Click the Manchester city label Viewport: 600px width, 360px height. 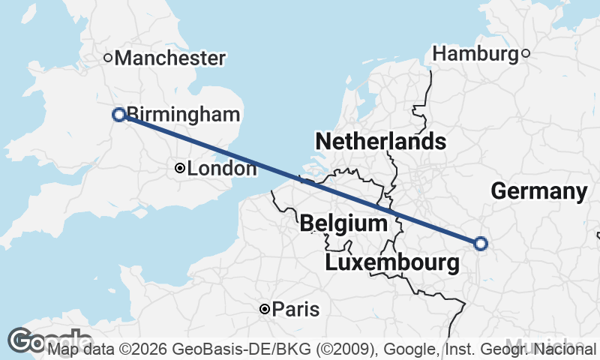(x=170, y=58)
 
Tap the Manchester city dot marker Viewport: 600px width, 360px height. (x=108, y=57)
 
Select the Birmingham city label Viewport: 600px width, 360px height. (x=184, y=115)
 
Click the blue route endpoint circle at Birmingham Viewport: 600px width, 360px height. (x=118, y=115)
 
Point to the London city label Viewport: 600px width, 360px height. (x=221, y=169)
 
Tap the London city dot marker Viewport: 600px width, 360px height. (x=179, y=169)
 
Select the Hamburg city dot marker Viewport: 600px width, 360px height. (x=526, y=53)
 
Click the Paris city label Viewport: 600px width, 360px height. (x=295, y=310)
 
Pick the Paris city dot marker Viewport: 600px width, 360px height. (x=265, y=309)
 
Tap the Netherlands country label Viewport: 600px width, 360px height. (x=380, y=141)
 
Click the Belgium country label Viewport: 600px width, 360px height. (x=343, y=223)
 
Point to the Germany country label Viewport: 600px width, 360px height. (x=538, y=191)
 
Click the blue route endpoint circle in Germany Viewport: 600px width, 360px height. (x=481, y=243)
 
